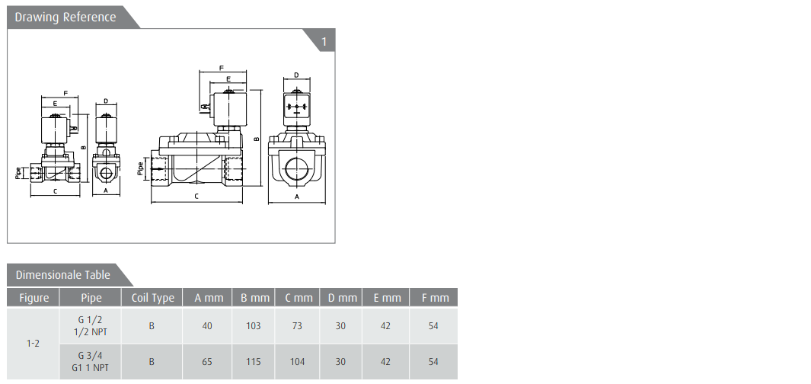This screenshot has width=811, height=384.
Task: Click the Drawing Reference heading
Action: click(x=65, y=17)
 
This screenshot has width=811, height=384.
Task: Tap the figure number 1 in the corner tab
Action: click(x=324, y=41)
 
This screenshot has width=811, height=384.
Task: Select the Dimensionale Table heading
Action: click(x=62, y=275)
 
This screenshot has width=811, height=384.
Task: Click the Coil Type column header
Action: click(x=152, y=298)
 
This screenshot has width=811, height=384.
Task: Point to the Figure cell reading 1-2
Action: click(x=33, y=343)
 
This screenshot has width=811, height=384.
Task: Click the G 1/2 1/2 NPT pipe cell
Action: click(x=91, y=326)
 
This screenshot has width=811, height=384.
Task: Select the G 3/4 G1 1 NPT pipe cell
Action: click(x=91, y=362)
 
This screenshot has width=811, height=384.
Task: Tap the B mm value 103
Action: click(x=253, y=326)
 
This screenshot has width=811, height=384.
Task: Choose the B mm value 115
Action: click(x=253, y=362)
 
